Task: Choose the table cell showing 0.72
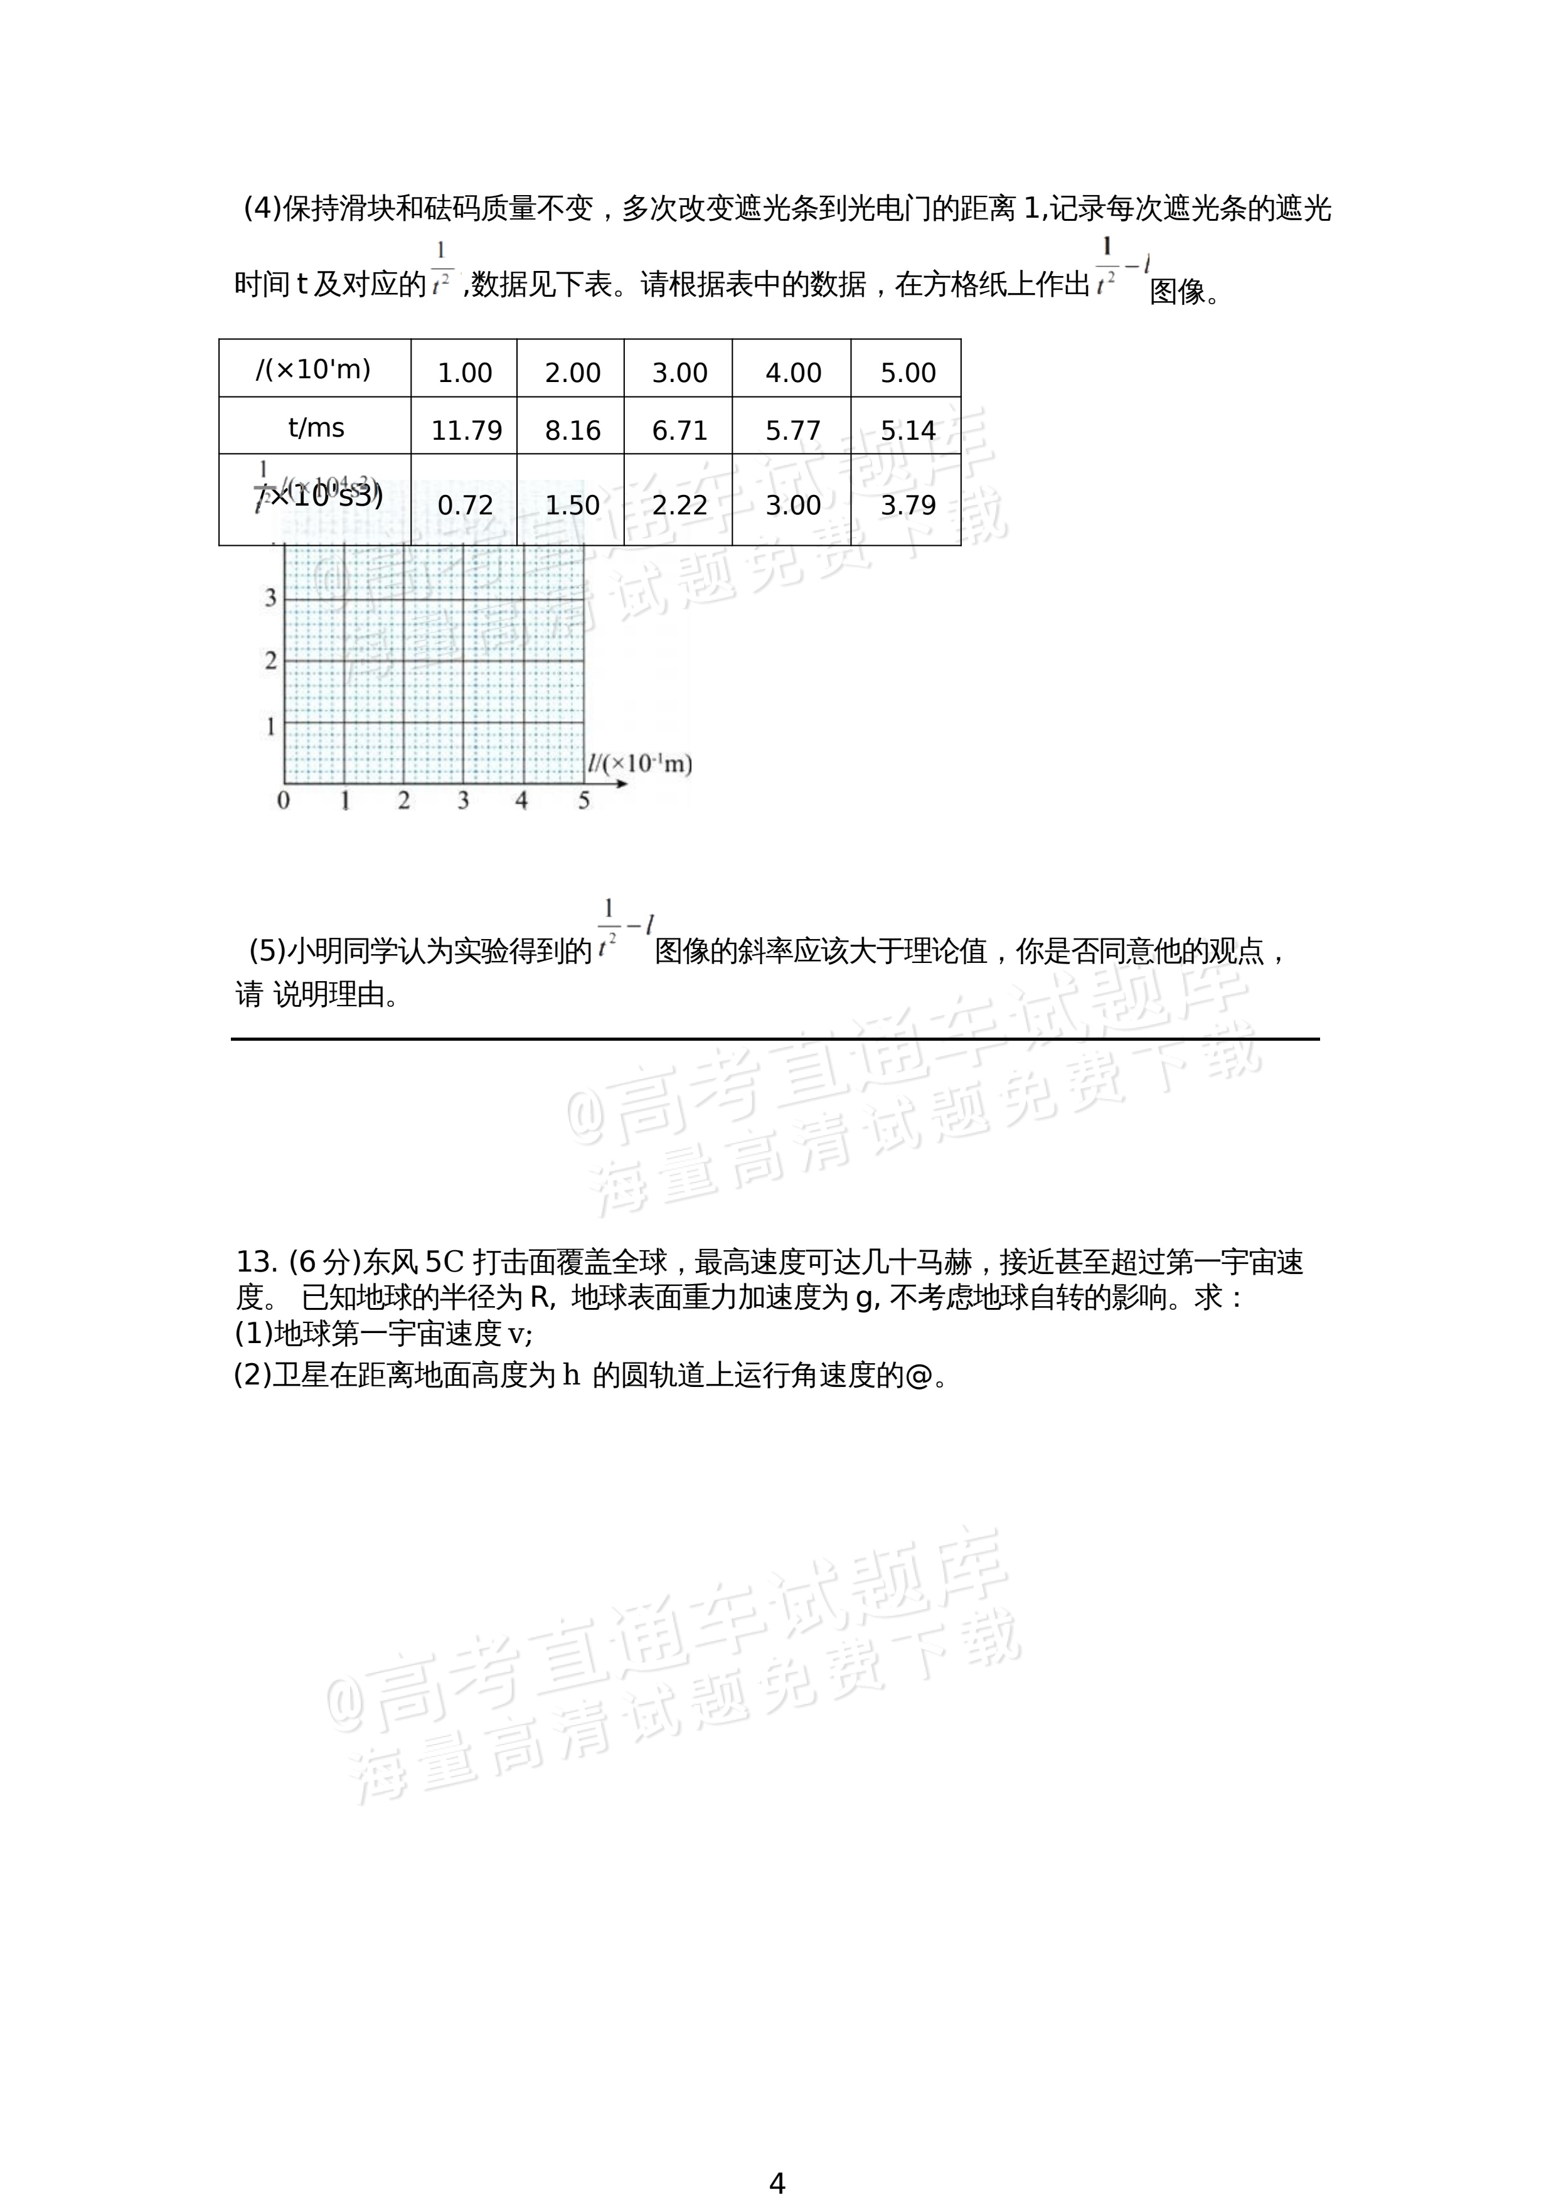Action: (x=465, y=505)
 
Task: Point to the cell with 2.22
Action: (x=679, y=505)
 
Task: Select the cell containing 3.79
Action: (x=907, y=505)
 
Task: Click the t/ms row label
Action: (x=315, y=427)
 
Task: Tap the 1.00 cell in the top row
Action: (x=465, y=373)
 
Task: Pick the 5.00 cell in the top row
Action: (x=907, y=373)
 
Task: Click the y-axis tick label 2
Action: (x=270, y=660)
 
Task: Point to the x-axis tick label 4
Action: (x=521, y=800)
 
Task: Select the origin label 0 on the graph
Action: (x=282, y=800)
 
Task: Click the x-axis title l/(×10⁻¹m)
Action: (x=639, y=763)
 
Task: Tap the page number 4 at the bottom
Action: (x=777, y=2183)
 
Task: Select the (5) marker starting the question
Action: (x=267, y=950)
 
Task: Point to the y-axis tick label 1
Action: (x=270, y=726)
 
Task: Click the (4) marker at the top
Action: (x=262, y=208)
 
